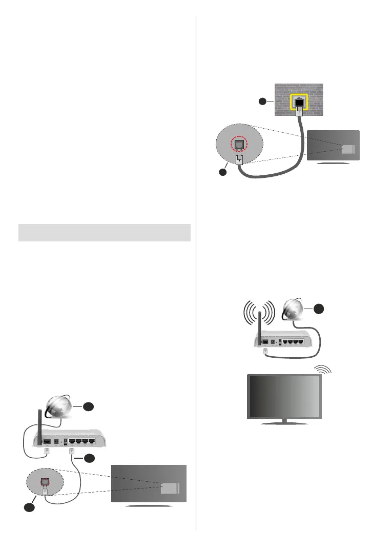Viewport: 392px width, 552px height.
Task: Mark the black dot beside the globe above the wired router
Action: [88, 406]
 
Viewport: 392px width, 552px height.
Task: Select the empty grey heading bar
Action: [105, 232]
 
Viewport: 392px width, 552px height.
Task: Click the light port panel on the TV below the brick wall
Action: [347, 149]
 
